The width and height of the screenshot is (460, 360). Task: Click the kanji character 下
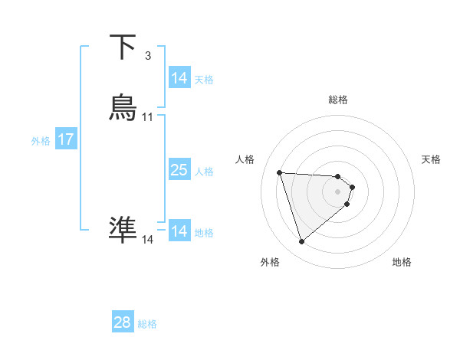tap(123, 47)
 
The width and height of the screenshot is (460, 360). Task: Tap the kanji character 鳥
tap(123, 108)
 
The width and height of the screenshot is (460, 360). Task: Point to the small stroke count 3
tap(147, 56)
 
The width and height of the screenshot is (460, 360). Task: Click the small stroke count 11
tap(148, 117)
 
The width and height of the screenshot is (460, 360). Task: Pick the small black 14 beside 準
tap(148, 240)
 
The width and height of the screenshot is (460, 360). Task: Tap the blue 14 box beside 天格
tap(179, 78)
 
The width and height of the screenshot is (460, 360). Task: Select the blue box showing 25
tap(179, 170)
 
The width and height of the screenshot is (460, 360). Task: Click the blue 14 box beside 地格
tap(179, 231)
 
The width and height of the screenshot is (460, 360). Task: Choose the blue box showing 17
tap(66, 139)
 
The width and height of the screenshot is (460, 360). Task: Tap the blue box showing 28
tap(123, 322)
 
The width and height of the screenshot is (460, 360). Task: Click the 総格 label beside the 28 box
tap(147, 324)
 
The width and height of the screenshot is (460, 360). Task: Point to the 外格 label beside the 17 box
tap(41, 141)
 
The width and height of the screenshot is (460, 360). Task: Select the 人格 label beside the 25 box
tap(205, 172)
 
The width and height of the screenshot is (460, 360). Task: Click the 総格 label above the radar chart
tap(338, 100)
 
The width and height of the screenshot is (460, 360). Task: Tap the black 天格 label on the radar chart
tap(431, 159)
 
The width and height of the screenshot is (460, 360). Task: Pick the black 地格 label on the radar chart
tap(402, 262)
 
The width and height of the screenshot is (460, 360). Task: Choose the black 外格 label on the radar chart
tap(270, 262)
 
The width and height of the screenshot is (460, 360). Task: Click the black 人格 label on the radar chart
tap(245, 159)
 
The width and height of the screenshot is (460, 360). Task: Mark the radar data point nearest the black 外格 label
tap(302, 242)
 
